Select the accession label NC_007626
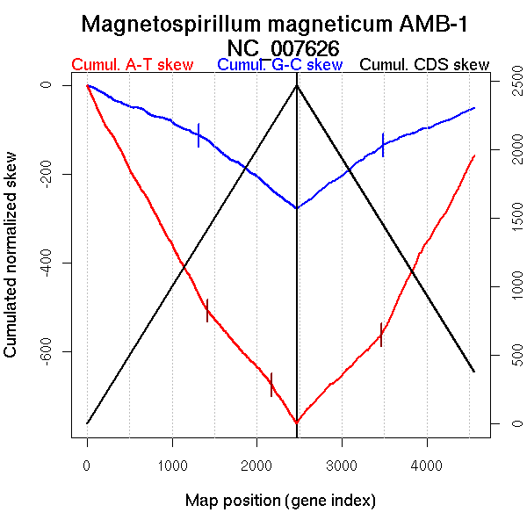pos(282,47)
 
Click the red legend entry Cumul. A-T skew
pos(133,65)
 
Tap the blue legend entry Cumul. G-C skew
pos(279,65)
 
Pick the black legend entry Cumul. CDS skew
pos(425,65)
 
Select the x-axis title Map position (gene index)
pos(280,502)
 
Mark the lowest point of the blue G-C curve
pos(297,208)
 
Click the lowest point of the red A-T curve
pos(297,423)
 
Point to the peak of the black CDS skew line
pos(297,85)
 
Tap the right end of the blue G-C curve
pos(474,108)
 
